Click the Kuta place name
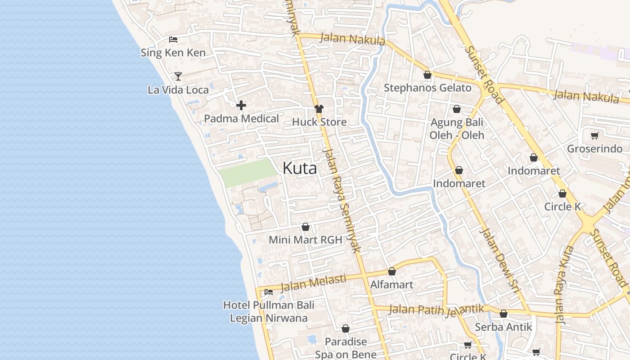[x=300, y=168]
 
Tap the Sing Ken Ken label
[x=173, y=53]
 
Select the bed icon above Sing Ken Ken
[x=173, y=40]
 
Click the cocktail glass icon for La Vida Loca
[x=178, y=76]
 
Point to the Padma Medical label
[x=241, y=119]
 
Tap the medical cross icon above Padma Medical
[x=241, y=106]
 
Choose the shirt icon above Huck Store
[x=319, y=109]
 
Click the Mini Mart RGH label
[x=306, y=240]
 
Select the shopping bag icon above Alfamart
[x=392, y=272]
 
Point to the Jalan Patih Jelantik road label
[x=436, y=310]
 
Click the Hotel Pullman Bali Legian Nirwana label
[x=269, y=311]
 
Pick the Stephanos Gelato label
[x=427, y=88]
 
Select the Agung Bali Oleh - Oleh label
[x=457, y=129]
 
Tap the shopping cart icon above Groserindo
[x=594, y=135]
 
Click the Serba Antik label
[x=504, y=327]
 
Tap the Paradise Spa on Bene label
[x=346, y=348]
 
